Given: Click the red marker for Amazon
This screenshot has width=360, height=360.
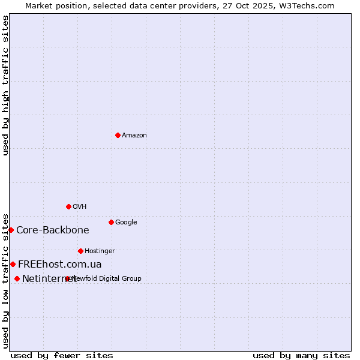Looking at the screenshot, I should pos(118,135).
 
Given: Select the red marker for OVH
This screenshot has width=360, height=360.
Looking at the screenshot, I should pos(68,206).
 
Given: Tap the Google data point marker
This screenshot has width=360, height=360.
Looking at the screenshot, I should pos(111,222).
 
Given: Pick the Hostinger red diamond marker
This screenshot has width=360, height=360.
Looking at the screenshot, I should pos(80,251).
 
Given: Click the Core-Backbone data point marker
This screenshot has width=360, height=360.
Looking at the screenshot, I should pos(11,230).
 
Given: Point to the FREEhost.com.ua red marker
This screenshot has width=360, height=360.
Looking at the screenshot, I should pos(13,264).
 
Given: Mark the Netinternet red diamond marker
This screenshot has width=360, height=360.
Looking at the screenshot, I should pos(17,278).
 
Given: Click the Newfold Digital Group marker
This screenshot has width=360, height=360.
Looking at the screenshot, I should pos(67,278).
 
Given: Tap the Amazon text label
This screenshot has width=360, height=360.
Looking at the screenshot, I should pos(134,136).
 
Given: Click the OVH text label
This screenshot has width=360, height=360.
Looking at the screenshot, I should pos(80,207).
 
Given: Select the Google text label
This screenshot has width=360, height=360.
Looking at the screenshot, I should pos(126,223).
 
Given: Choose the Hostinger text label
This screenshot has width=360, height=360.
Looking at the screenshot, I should pos(100,251).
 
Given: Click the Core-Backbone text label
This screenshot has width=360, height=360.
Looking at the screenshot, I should pos(53,230).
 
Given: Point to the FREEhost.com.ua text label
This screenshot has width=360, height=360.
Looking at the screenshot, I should pos(60,265).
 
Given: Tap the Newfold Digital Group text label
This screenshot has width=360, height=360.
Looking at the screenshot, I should pos(107,278).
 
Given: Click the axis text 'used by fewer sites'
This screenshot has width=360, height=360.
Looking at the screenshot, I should pos(62,355).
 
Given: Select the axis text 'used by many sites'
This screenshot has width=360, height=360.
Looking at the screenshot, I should pos(301,355).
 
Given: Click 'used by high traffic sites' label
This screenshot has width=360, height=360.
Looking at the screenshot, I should pos(6,85).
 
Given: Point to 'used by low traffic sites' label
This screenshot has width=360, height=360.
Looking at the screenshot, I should pos(6,281).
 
